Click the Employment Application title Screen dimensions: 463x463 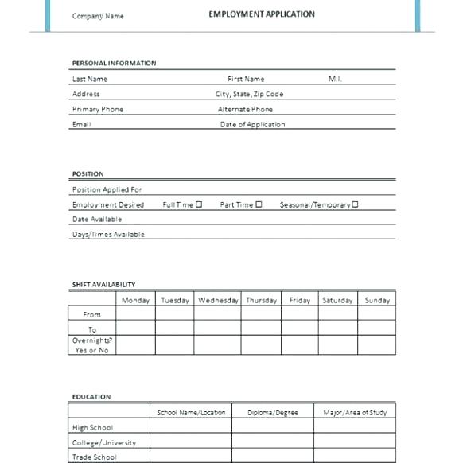262,14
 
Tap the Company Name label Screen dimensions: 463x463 98,16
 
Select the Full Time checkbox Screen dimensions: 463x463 199,204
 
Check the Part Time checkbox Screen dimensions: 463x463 259,204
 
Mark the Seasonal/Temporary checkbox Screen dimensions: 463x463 355,204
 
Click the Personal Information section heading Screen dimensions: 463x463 114,64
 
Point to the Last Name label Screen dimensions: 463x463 90,80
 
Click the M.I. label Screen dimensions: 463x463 335,80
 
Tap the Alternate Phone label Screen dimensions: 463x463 245,110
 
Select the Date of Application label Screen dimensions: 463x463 252,125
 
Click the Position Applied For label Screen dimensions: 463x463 107,190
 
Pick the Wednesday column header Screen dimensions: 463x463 218,301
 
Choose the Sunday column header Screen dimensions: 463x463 377,301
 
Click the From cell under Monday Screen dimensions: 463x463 135,314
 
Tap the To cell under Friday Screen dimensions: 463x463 299,329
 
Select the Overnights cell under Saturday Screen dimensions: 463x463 337,345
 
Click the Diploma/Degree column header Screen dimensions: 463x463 272,413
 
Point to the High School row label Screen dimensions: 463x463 92,428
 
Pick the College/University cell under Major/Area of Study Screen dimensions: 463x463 354,442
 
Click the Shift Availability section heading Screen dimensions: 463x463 103,285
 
